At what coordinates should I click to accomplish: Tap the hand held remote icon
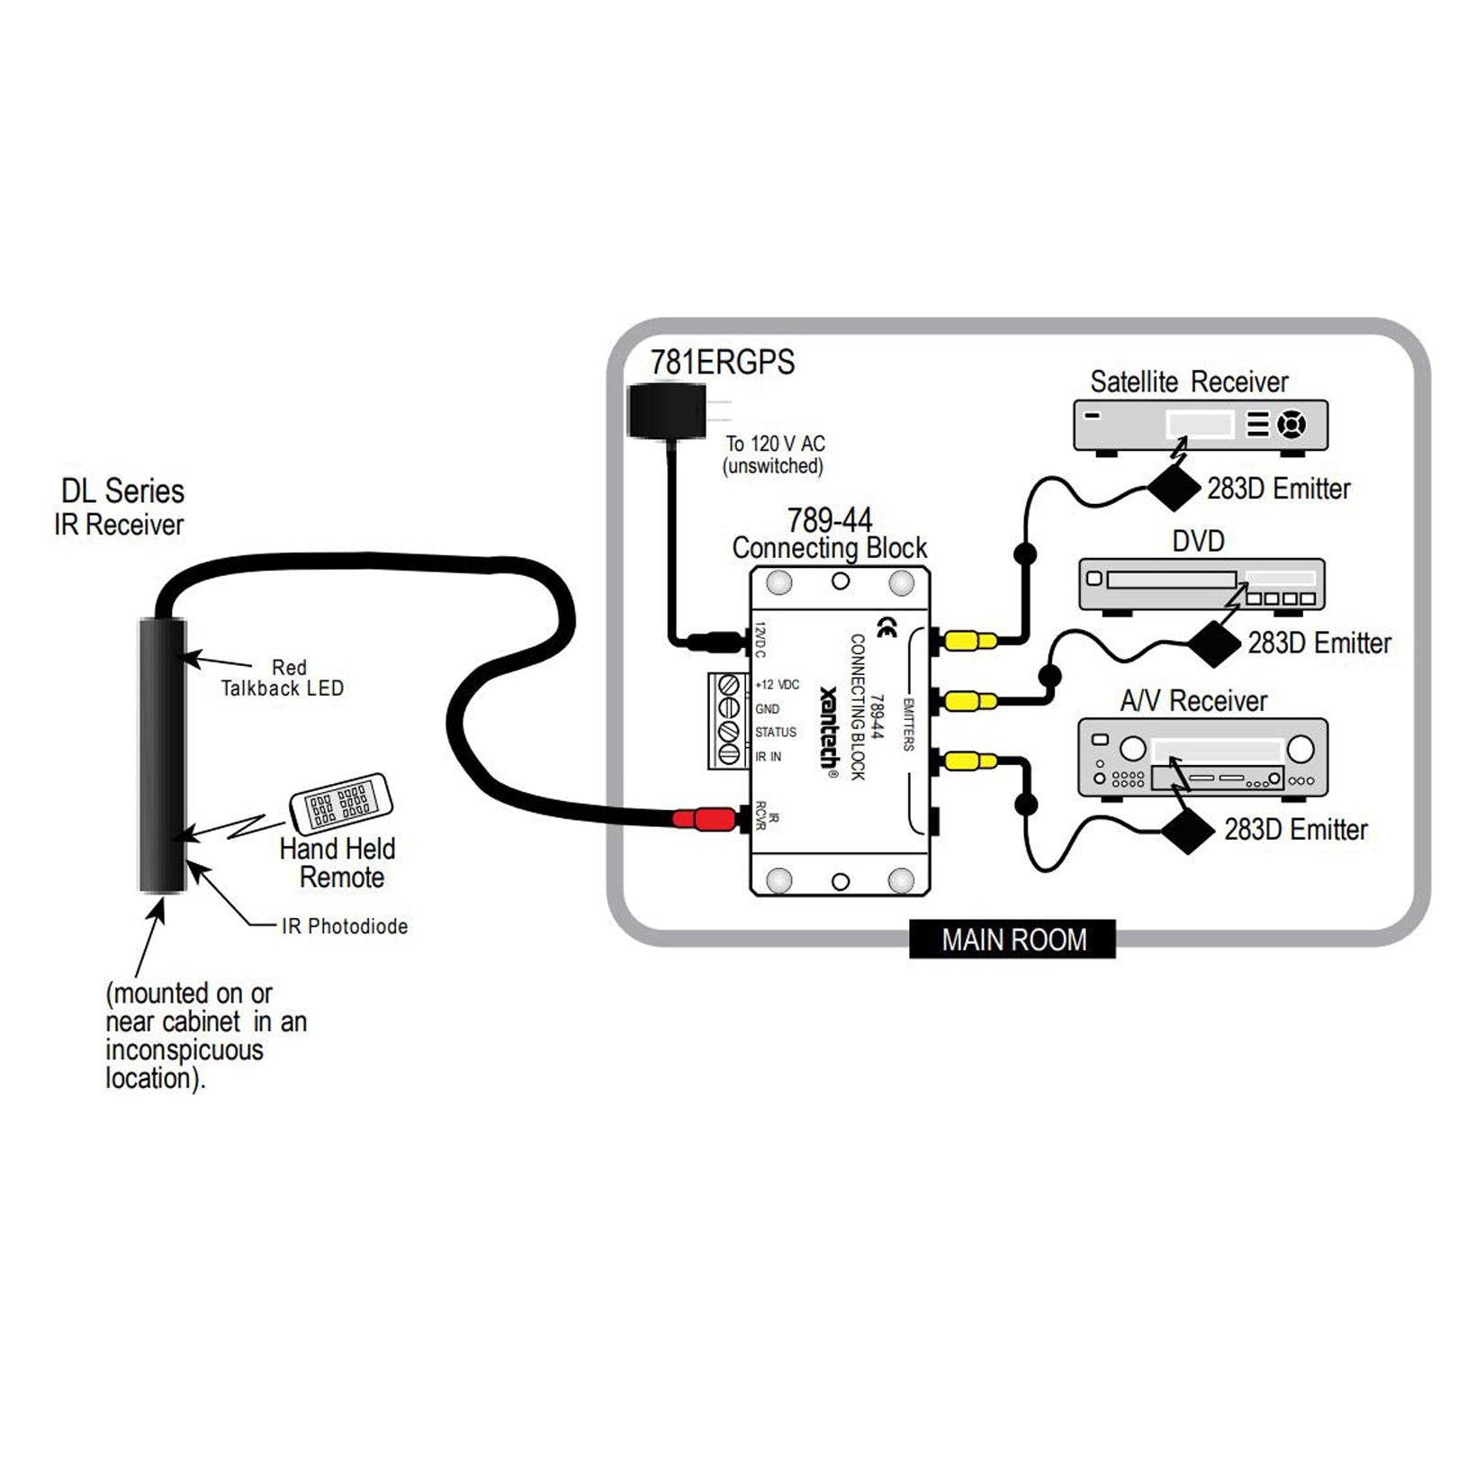341,801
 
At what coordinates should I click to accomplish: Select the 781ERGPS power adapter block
666,411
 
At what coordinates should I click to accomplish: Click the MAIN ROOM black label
1012,940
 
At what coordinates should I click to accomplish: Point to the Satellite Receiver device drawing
1201,426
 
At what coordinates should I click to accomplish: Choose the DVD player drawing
1201,586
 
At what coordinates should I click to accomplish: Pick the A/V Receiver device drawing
1202,758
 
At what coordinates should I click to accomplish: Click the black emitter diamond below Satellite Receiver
1174,489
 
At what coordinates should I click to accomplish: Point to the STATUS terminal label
775,733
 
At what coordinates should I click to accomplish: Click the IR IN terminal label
768,757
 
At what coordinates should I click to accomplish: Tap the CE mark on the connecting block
886,627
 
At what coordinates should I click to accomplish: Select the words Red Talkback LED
283,678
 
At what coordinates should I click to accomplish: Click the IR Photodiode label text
345,926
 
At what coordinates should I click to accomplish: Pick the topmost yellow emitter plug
970,642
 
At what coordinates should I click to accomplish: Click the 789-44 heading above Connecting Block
829,520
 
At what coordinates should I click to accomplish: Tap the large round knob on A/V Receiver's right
1300,749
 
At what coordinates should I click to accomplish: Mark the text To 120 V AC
775,444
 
